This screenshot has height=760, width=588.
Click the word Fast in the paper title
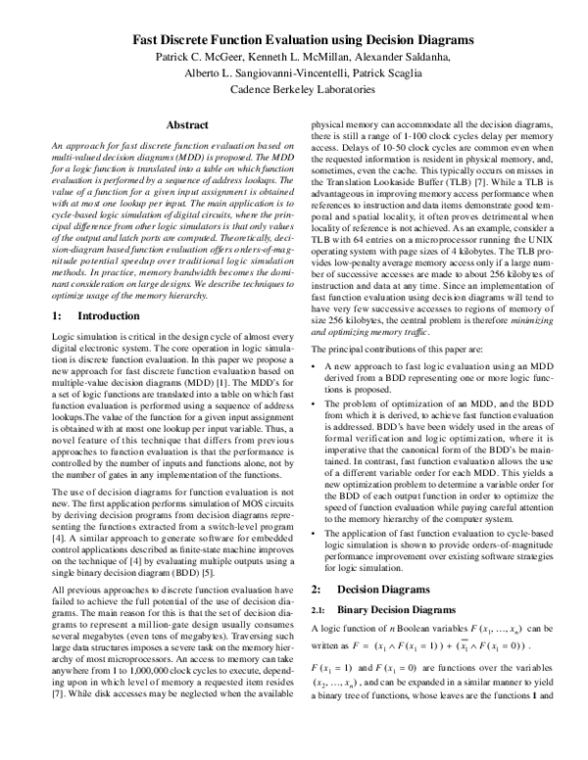click(x=149, y=40)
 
